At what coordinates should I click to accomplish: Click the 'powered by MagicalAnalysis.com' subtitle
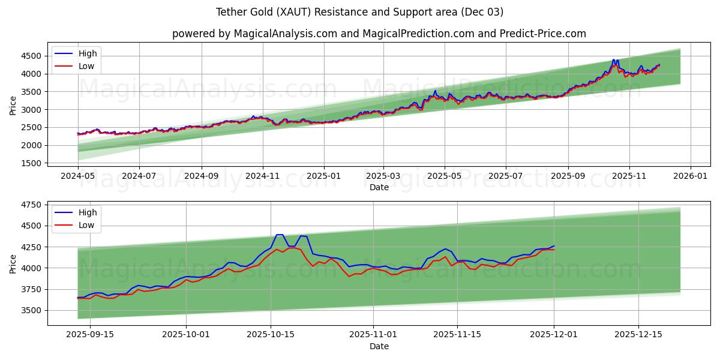coord(379,34)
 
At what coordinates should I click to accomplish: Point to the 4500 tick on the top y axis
coord(31,56)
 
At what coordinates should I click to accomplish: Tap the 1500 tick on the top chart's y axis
coord(31,163)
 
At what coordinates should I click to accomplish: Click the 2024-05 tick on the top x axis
coord(77,176)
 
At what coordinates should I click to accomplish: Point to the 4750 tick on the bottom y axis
coord(31,205)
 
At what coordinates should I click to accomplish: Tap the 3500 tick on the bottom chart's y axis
coord(31,310)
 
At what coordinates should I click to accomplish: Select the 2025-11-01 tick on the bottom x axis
coord(373,334)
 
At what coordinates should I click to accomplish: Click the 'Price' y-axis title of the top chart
coord(13,106)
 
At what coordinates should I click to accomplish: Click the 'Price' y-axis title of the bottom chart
coord(13,263)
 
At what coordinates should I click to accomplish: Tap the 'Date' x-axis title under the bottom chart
coord(379,346)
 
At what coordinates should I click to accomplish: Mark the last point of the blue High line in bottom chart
coord(554,245)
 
